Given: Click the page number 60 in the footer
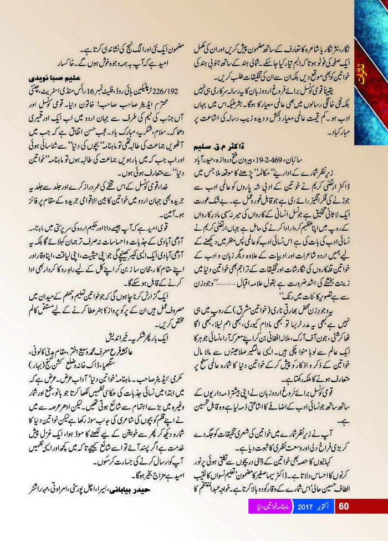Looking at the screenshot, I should (x=343, y=522).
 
